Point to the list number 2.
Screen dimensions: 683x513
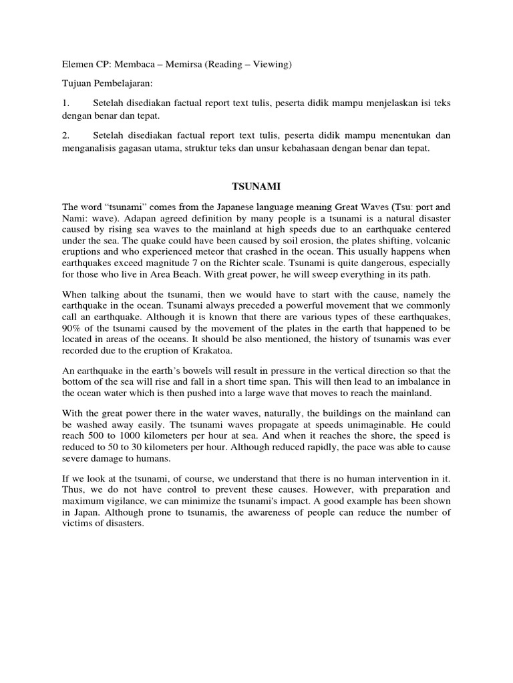point(65,135)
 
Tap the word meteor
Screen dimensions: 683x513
point(213,244)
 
